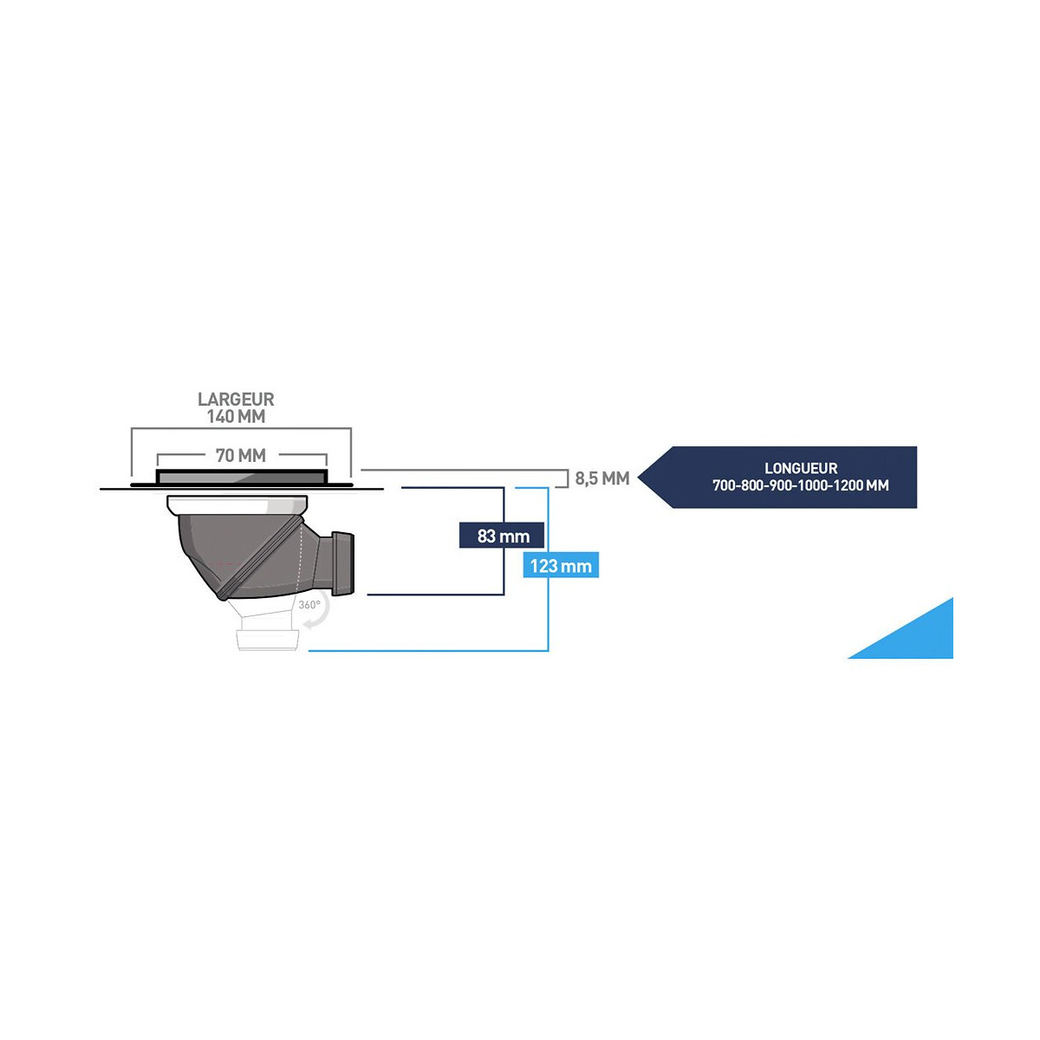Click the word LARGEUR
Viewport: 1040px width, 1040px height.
[x=236, y=400]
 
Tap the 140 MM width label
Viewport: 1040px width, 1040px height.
[x=236, y=417]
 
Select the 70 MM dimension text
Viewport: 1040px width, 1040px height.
[x=241, y=456]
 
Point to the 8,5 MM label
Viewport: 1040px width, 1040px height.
[x=601, y=478]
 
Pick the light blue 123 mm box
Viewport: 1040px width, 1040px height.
[x=561, y=566]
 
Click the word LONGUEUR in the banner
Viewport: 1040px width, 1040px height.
[x=801, y=469]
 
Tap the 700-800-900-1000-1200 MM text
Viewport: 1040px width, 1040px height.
[x=801, y=485]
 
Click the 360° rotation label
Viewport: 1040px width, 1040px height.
[x=309, y=605]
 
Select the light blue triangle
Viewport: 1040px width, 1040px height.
[x=919, y=637]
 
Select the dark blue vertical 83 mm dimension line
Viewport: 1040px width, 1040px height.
[x=504, y=572]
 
